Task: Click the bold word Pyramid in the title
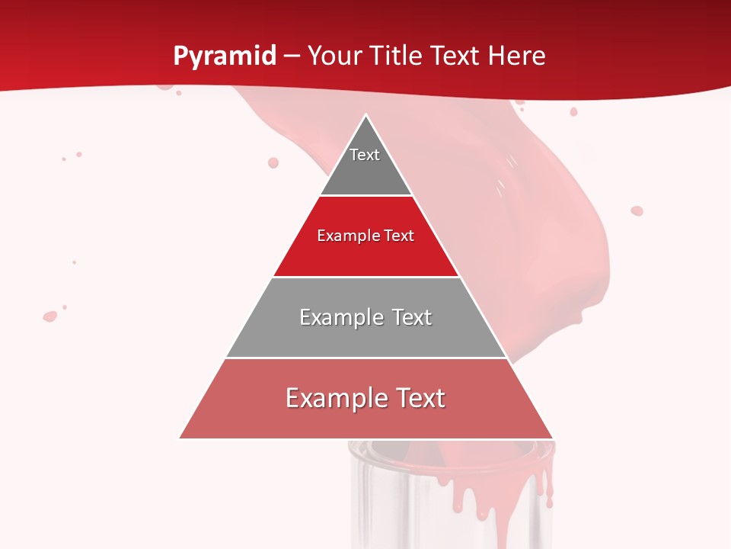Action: (x=224, y=56)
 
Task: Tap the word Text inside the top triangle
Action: (x=365, y=155)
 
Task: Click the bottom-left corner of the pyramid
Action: (x=180, y=438)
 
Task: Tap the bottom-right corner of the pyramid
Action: (x=552, y=438)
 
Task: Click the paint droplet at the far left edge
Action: (x=50, y=316)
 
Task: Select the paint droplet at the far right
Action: (x=637, y=210)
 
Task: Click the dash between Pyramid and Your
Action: (x=292, y=56)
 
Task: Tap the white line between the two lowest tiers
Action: (x=365, y=358)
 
